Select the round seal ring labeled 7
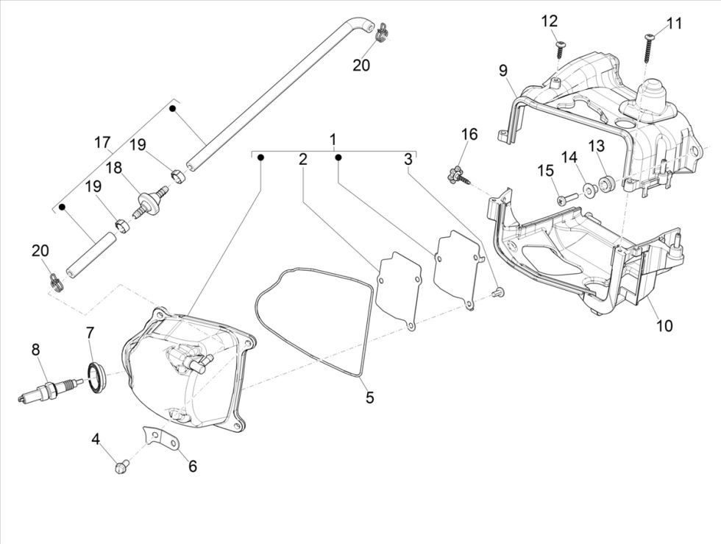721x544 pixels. click(x=96, y=376)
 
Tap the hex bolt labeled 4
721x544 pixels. click(x=122, y=466)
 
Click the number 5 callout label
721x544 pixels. click(x=369, y=398)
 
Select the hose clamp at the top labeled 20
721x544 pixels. click(x=382, y=33)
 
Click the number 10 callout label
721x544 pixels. click(x=664, y=325)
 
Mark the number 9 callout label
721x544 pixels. click(x=503, y=71)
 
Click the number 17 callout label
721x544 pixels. click(x=102, y=142)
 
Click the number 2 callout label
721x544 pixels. click(x=302, y=158)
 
